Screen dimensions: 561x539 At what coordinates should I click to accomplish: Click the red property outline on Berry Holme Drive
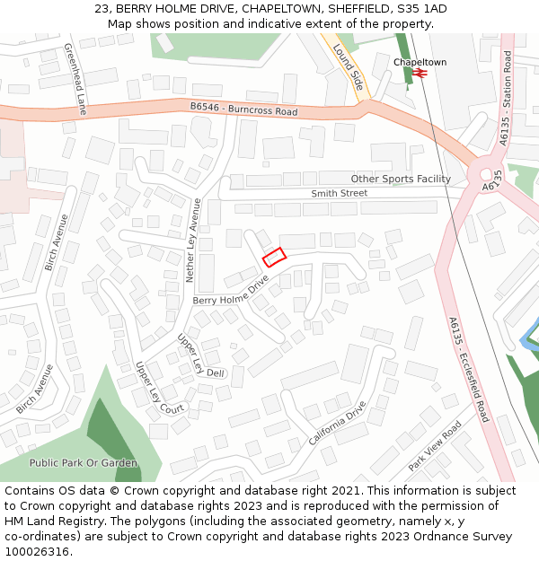273,257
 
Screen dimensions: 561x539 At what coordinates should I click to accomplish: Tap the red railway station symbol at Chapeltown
419,74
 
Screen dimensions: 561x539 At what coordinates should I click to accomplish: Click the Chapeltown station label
420,62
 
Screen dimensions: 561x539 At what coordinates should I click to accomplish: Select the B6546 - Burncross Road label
243,110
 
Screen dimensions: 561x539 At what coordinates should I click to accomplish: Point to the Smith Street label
340,193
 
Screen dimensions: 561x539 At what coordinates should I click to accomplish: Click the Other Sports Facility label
401,179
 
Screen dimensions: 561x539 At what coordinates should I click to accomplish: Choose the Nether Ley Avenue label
195,241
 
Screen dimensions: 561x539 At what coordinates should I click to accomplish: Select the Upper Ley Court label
159,388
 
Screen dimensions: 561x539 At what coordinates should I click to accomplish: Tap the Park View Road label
434,446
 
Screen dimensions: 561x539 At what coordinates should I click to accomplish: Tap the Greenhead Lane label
75,80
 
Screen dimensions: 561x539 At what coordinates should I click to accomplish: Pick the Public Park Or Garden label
84,463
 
